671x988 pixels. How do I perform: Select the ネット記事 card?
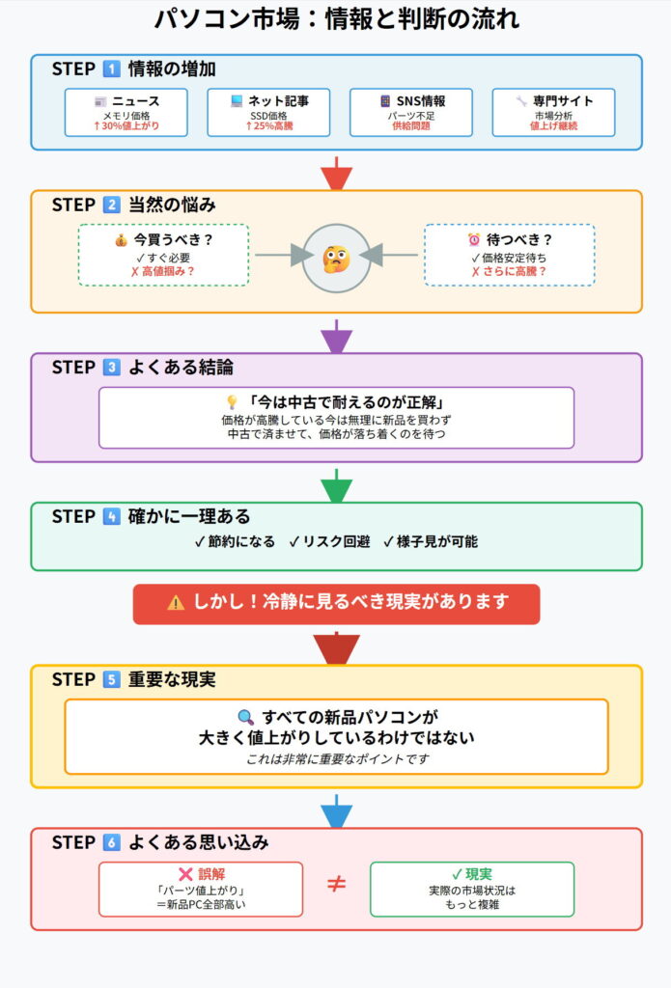pos(268,113)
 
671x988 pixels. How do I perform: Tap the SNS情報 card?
pos(411,113)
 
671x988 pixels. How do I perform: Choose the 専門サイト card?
pos(553,113)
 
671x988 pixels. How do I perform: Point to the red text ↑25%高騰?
pos(268,126)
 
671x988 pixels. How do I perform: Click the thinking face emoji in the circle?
pos(336,257)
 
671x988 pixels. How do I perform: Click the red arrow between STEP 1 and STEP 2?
pos(336,174)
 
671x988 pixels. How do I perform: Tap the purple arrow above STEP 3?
pos(336,336)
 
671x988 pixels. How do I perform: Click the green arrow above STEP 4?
pos(336,484)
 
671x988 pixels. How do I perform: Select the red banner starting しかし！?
pos(336,603)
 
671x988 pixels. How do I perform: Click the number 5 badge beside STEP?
pos(112,680)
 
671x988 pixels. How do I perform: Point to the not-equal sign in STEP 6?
pos(336,885)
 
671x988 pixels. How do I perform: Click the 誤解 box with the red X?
pos(201,889)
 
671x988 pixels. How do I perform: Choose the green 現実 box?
pos(472,889)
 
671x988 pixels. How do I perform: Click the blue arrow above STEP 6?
pos(336,810)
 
